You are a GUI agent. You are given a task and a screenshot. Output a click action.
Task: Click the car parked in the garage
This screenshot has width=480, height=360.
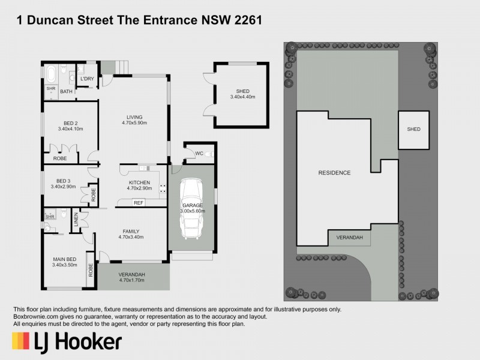[x=193, y=209]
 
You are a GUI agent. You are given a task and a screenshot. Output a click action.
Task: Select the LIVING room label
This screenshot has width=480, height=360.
[x=134, y=117]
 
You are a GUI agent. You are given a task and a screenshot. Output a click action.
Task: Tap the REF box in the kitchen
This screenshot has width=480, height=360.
[x=139, y=203]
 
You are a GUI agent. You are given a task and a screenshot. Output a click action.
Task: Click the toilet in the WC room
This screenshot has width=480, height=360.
[x=208, y=154]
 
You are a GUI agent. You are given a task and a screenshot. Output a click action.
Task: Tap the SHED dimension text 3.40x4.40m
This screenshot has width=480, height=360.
[x=242, y=97]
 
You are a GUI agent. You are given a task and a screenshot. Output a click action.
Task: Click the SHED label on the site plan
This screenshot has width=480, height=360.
[x=414, y=129]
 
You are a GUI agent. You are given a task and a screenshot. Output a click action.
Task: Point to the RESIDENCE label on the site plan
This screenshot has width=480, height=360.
[x=334, y=172]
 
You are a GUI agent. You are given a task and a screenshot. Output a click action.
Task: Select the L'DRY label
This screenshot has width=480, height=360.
[x=86, y=79]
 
